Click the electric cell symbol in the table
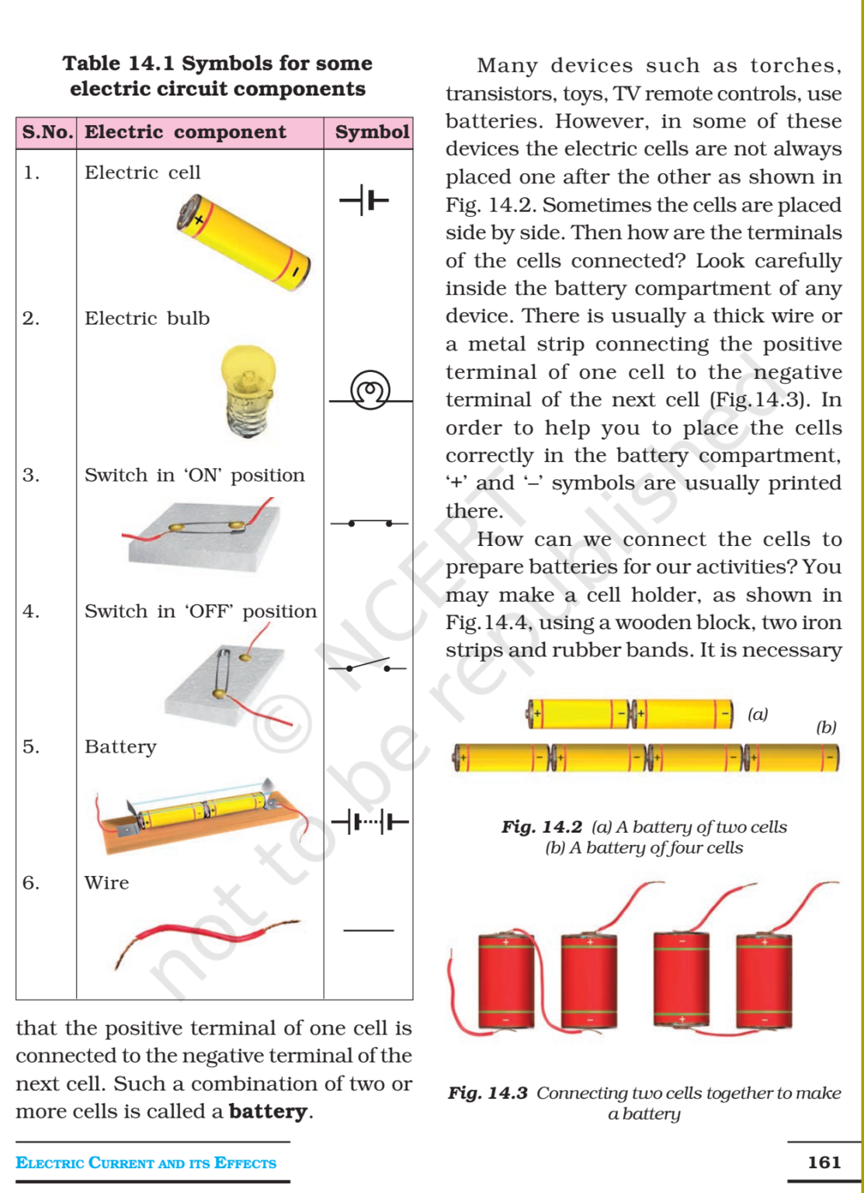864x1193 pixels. point(364,200)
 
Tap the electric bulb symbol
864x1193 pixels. point(370,391)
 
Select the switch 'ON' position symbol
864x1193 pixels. point(370,523)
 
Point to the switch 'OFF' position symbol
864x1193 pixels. point(368,666)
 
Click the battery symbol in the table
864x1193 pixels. point(370,821)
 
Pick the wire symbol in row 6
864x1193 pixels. point(368,930)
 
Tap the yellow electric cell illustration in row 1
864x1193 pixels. point(243,242)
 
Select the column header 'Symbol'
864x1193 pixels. point(372,132)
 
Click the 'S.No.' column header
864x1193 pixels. point(47,132)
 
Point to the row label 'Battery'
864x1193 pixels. point(120,746)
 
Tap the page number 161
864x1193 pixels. point(824,1162)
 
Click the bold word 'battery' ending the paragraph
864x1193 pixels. point(268,1111)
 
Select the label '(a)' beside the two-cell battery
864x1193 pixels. point(757,714)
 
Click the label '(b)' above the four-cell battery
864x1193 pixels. point(826,727)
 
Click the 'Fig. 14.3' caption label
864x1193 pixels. point(488,1093)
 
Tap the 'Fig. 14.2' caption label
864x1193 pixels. point(541,826)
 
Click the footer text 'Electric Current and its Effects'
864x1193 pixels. point(146,1163)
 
